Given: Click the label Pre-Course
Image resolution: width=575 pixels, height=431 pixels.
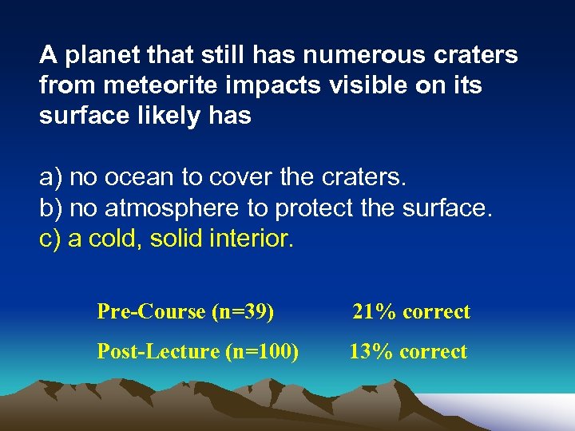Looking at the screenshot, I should tap(151, 311).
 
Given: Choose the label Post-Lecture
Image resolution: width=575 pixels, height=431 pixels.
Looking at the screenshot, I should tap(158, 351).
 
